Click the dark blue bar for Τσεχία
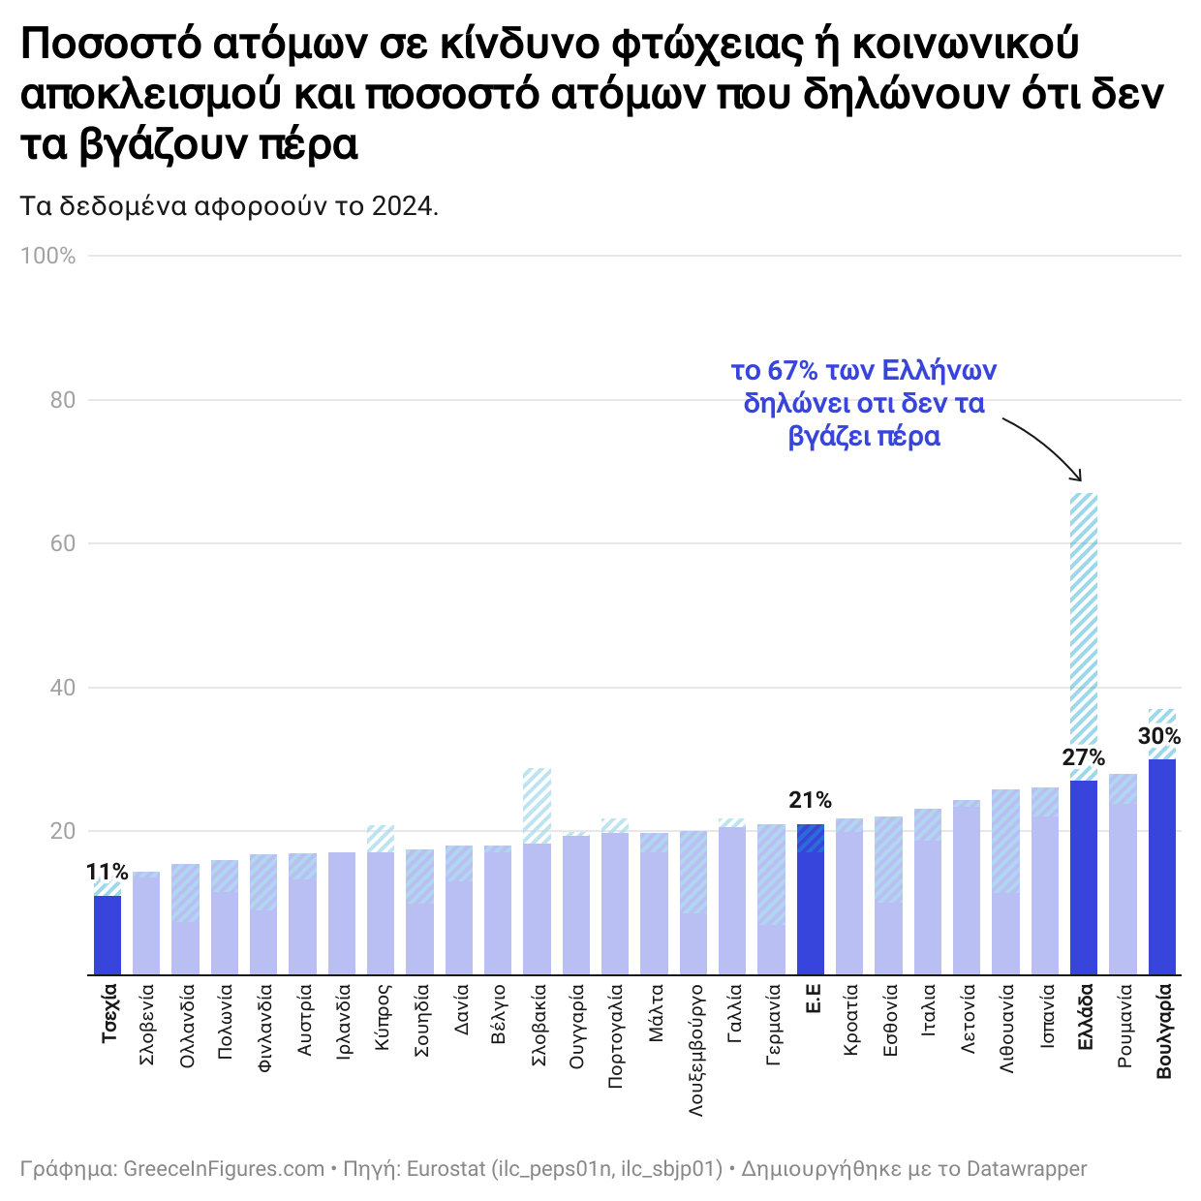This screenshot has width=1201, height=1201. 108,935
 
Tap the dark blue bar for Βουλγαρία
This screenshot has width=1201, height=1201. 1161,867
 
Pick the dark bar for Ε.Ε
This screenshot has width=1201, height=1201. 811,901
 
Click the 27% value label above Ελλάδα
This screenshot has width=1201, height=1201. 1083,757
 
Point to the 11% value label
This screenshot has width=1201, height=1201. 107,872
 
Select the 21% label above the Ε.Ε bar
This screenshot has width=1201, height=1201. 810,800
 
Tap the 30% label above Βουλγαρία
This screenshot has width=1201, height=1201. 1159,736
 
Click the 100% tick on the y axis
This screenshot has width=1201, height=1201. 48,256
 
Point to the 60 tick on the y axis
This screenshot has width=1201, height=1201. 62,543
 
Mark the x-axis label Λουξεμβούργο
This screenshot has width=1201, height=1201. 695,1051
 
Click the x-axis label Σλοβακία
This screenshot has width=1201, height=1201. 539,1026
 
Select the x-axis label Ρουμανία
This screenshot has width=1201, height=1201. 1124,1027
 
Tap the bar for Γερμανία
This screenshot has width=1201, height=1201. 771,901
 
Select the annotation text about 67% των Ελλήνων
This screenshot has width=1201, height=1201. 863,403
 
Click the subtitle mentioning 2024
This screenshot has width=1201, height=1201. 230,206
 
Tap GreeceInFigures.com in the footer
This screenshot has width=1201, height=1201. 224,1169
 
